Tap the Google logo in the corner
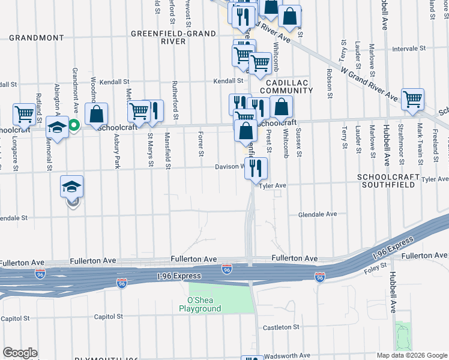20,353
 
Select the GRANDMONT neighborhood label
37,38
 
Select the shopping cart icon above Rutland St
24,113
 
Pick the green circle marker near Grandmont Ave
74,125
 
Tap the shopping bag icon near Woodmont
96,114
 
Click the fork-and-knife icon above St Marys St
154,110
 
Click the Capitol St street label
108,316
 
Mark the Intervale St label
408,48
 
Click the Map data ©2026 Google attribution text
412,355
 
